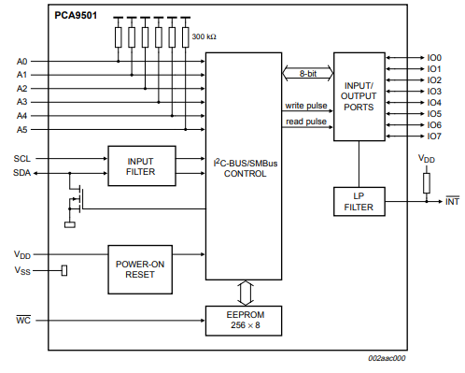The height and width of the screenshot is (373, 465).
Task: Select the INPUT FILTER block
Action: pos(140,165)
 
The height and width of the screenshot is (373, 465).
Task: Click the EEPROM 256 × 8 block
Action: pos(245,319)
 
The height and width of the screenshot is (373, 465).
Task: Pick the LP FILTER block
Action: pos(359,201)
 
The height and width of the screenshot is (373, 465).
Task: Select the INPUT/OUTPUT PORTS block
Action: pos(359,94)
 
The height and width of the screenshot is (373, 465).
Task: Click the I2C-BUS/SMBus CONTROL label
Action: pos(245,166)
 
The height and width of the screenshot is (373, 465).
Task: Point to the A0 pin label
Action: pos(22,62)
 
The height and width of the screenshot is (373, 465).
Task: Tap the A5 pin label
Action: pos(22,129)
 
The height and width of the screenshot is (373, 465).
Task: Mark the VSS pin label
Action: pos(21,270)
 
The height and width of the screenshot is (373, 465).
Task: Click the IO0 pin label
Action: pos(433,58)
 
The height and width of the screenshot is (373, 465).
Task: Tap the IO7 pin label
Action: pos(433,136)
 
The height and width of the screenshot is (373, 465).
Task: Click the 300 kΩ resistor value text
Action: pos(204,36)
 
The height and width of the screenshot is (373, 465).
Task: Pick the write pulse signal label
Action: pos(306,106)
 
